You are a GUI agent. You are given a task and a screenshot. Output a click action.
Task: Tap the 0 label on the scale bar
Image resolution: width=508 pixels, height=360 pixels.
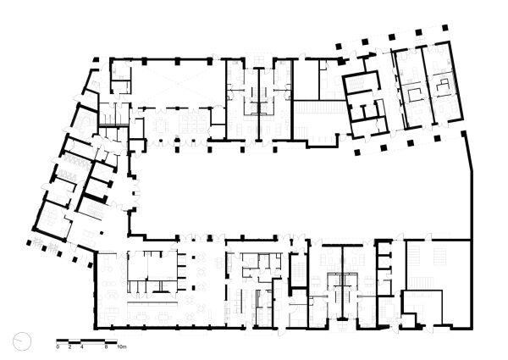click(x=58, y=347)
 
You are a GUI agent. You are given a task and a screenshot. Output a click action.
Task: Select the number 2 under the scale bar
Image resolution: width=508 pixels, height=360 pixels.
click(x=69, y=347)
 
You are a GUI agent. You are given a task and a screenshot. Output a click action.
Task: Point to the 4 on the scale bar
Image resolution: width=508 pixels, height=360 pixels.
click(x=81, y=347)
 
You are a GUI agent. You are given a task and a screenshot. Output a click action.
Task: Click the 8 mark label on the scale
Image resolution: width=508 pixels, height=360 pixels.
click(x=105, y=347)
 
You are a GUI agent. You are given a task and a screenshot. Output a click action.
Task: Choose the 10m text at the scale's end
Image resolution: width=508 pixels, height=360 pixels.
click(x=120, y=347)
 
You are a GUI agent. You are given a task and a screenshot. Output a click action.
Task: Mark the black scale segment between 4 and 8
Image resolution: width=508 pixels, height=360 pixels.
click(x=93, y=341)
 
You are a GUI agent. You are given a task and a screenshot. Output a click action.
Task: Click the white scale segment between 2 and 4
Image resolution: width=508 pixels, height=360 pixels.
click(x=75, y=341)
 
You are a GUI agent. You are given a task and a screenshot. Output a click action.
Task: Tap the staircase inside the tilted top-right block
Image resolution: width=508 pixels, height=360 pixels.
click(x=368, y=105)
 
